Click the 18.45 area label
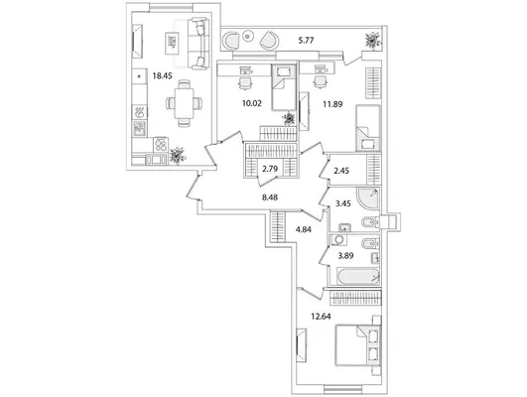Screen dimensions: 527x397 coord(163,76)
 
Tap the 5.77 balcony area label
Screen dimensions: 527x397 coord(307,41)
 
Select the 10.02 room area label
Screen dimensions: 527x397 coord(252,103)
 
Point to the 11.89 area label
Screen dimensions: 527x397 coord(332,104)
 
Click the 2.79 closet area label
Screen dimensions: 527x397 coord(270,169)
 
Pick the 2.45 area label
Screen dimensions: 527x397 coord(341,171)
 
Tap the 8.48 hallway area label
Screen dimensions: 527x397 coord(270,198)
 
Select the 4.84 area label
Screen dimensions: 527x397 coord(304,230)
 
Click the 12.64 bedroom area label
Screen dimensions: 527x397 coord(321,317)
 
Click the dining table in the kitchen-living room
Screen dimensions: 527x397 coord(185,103)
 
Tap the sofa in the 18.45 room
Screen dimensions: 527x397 coord(198,44)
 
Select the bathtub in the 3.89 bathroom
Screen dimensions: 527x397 coord(358,276)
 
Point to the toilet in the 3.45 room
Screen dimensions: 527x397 coord(370,222)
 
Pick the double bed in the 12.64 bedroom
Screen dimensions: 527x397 coord(357,344)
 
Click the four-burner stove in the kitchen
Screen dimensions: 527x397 coord(161,145)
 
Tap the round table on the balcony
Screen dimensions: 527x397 coord(248,36)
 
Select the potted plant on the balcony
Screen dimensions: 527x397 coord(373,41)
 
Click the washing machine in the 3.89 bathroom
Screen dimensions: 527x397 coord(338,240)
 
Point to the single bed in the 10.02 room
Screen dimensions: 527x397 coord(284,87)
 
